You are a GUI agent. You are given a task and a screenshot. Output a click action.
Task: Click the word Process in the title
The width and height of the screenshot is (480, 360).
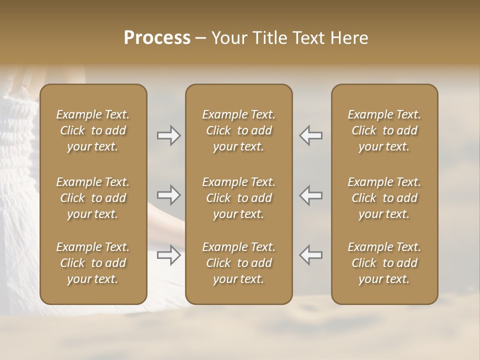[x=157, y=38]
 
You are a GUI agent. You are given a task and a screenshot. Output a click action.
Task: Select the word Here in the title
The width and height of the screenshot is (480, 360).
[x=348, y=38]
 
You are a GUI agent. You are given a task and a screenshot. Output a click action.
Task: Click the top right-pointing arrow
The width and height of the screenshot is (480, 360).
[x=168, y=135]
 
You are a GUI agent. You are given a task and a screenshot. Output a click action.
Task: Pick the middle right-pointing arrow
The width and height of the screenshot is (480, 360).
[x=168, y=194]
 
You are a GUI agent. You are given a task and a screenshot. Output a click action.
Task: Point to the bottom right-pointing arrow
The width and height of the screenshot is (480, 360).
[x=168, y=255]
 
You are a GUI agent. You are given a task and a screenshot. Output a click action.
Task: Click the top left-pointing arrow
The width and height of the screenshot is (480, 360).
[x=311, y=135]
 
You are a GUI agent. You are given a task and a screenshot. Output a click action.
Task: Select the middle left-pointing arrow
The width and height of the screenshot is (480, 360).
[x=311, y=194]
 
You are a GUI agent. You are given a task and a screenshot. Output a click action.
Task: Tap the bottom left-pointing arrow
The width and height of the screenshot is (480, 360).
[x=311, y=255]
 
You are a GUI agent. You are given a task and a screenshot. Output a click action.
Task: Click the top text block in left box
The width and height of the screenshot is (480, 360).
[x=93, y=130]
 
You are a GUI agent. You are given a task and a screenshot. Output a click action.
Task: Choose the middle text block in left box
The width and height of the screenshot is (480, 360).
[x=93, y=198]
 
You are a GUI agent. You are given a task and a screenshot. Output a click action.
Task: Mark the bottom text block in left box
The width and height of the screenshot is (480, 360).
[x=93, y=263]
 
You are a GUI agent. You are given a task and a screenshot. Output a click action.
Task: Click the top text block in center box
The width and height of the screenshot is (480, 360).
[x=238, y=130]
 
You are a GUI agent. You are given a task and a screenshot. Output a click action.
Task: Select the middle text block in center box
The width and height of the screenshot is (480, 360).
[x=238, y=198]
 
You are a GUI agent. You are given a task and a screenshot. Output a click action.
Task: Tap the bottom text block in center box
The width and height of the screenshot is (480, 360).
[x=238, y=263]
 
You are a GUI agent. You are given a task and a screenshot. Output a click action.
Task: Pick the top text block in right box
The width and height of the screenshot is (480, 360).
[x=384, y=130]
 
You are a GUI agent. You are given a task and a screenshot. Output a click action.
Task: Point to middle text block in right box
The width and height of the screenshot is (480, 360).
[x=384, y=198]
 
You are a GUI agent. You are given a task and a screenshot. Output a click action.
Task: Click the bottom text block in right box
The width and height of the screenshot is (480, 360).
[x=384, y=263]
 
